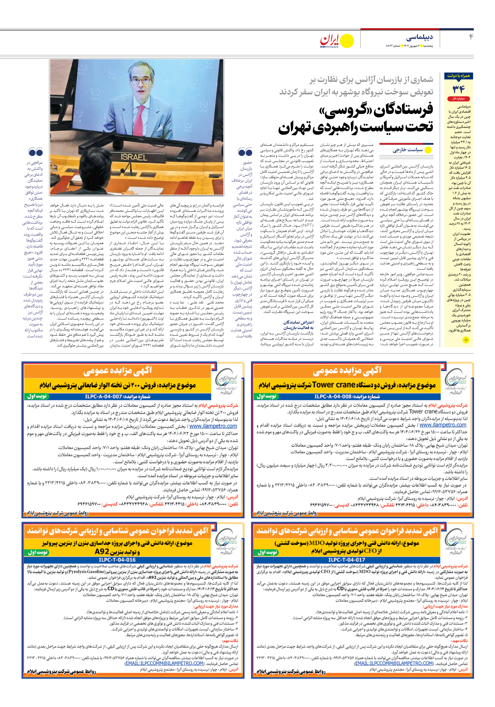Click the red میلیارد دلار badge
tap(459, 99)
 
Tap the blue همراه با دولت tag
tap(459, 76)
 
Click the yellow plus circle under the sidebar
tap(466, 340)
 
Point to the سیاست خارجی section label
tap(407, 150)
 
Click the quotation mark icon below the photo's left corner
tap(35, 152)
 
